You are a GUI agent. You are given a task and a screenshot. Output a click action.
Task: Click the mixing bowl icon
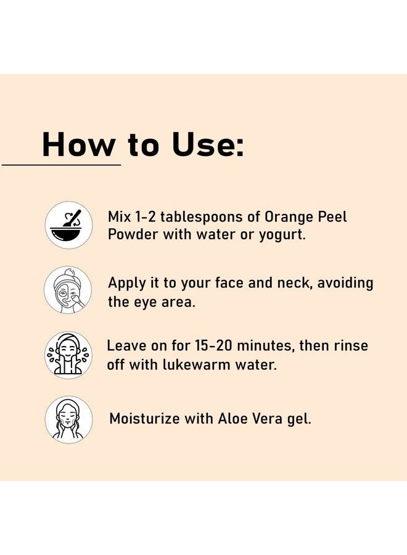[x=68, y=225]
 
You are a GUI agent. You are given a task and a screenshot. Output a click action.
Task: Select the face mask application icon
[x=68, y=290]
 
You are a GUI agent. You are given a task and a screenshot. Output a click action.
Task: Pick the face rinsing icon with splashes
[x=68, y=355]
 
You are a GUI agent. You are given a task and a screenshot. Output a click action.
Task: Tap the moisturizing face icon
[x=68, y=420]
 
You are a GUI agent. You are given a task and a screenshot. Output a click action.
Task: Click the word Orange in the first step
[x=289, y=217]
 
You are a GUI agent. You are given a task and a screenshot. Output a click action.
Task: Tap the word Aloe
[x=235, y=418]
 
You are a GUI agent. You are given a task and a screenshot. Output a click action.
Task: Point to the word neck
[x=287, y=283]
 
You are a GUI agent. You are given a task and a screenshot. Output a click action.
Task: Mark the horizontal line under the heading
[x=62, y=165]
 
